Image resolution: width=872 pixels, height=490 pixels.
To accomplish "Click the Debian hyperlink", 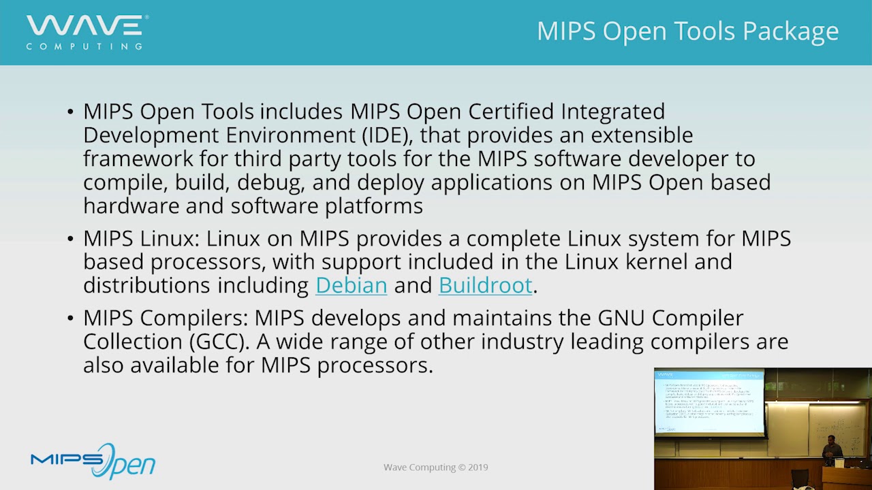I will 351,285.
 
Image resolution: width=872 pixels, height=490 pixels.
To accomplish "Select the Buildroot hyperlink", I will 485,285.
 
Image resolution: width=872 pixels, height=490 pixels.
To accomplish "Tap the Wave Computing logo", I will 87,32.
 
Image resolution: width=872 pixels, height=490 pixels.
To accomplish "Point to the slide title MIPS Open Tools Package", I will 687,31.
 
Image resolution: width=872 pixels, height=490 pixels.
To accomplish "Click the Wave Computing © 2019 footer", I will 435,468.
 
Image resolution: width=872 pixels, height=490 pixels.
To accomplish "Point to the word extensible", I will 641,135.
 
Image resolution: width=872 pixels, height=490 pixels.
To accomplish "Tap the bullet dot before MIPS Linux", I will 71,239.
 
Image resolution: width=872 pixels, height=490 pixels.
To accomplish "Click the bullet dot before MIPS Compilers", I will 71,318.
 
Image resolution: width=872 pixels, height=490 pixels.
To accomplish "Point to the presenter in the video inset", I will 830,450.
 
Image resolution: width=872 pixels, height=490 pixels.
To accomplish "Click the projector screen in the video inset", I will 709,402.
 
